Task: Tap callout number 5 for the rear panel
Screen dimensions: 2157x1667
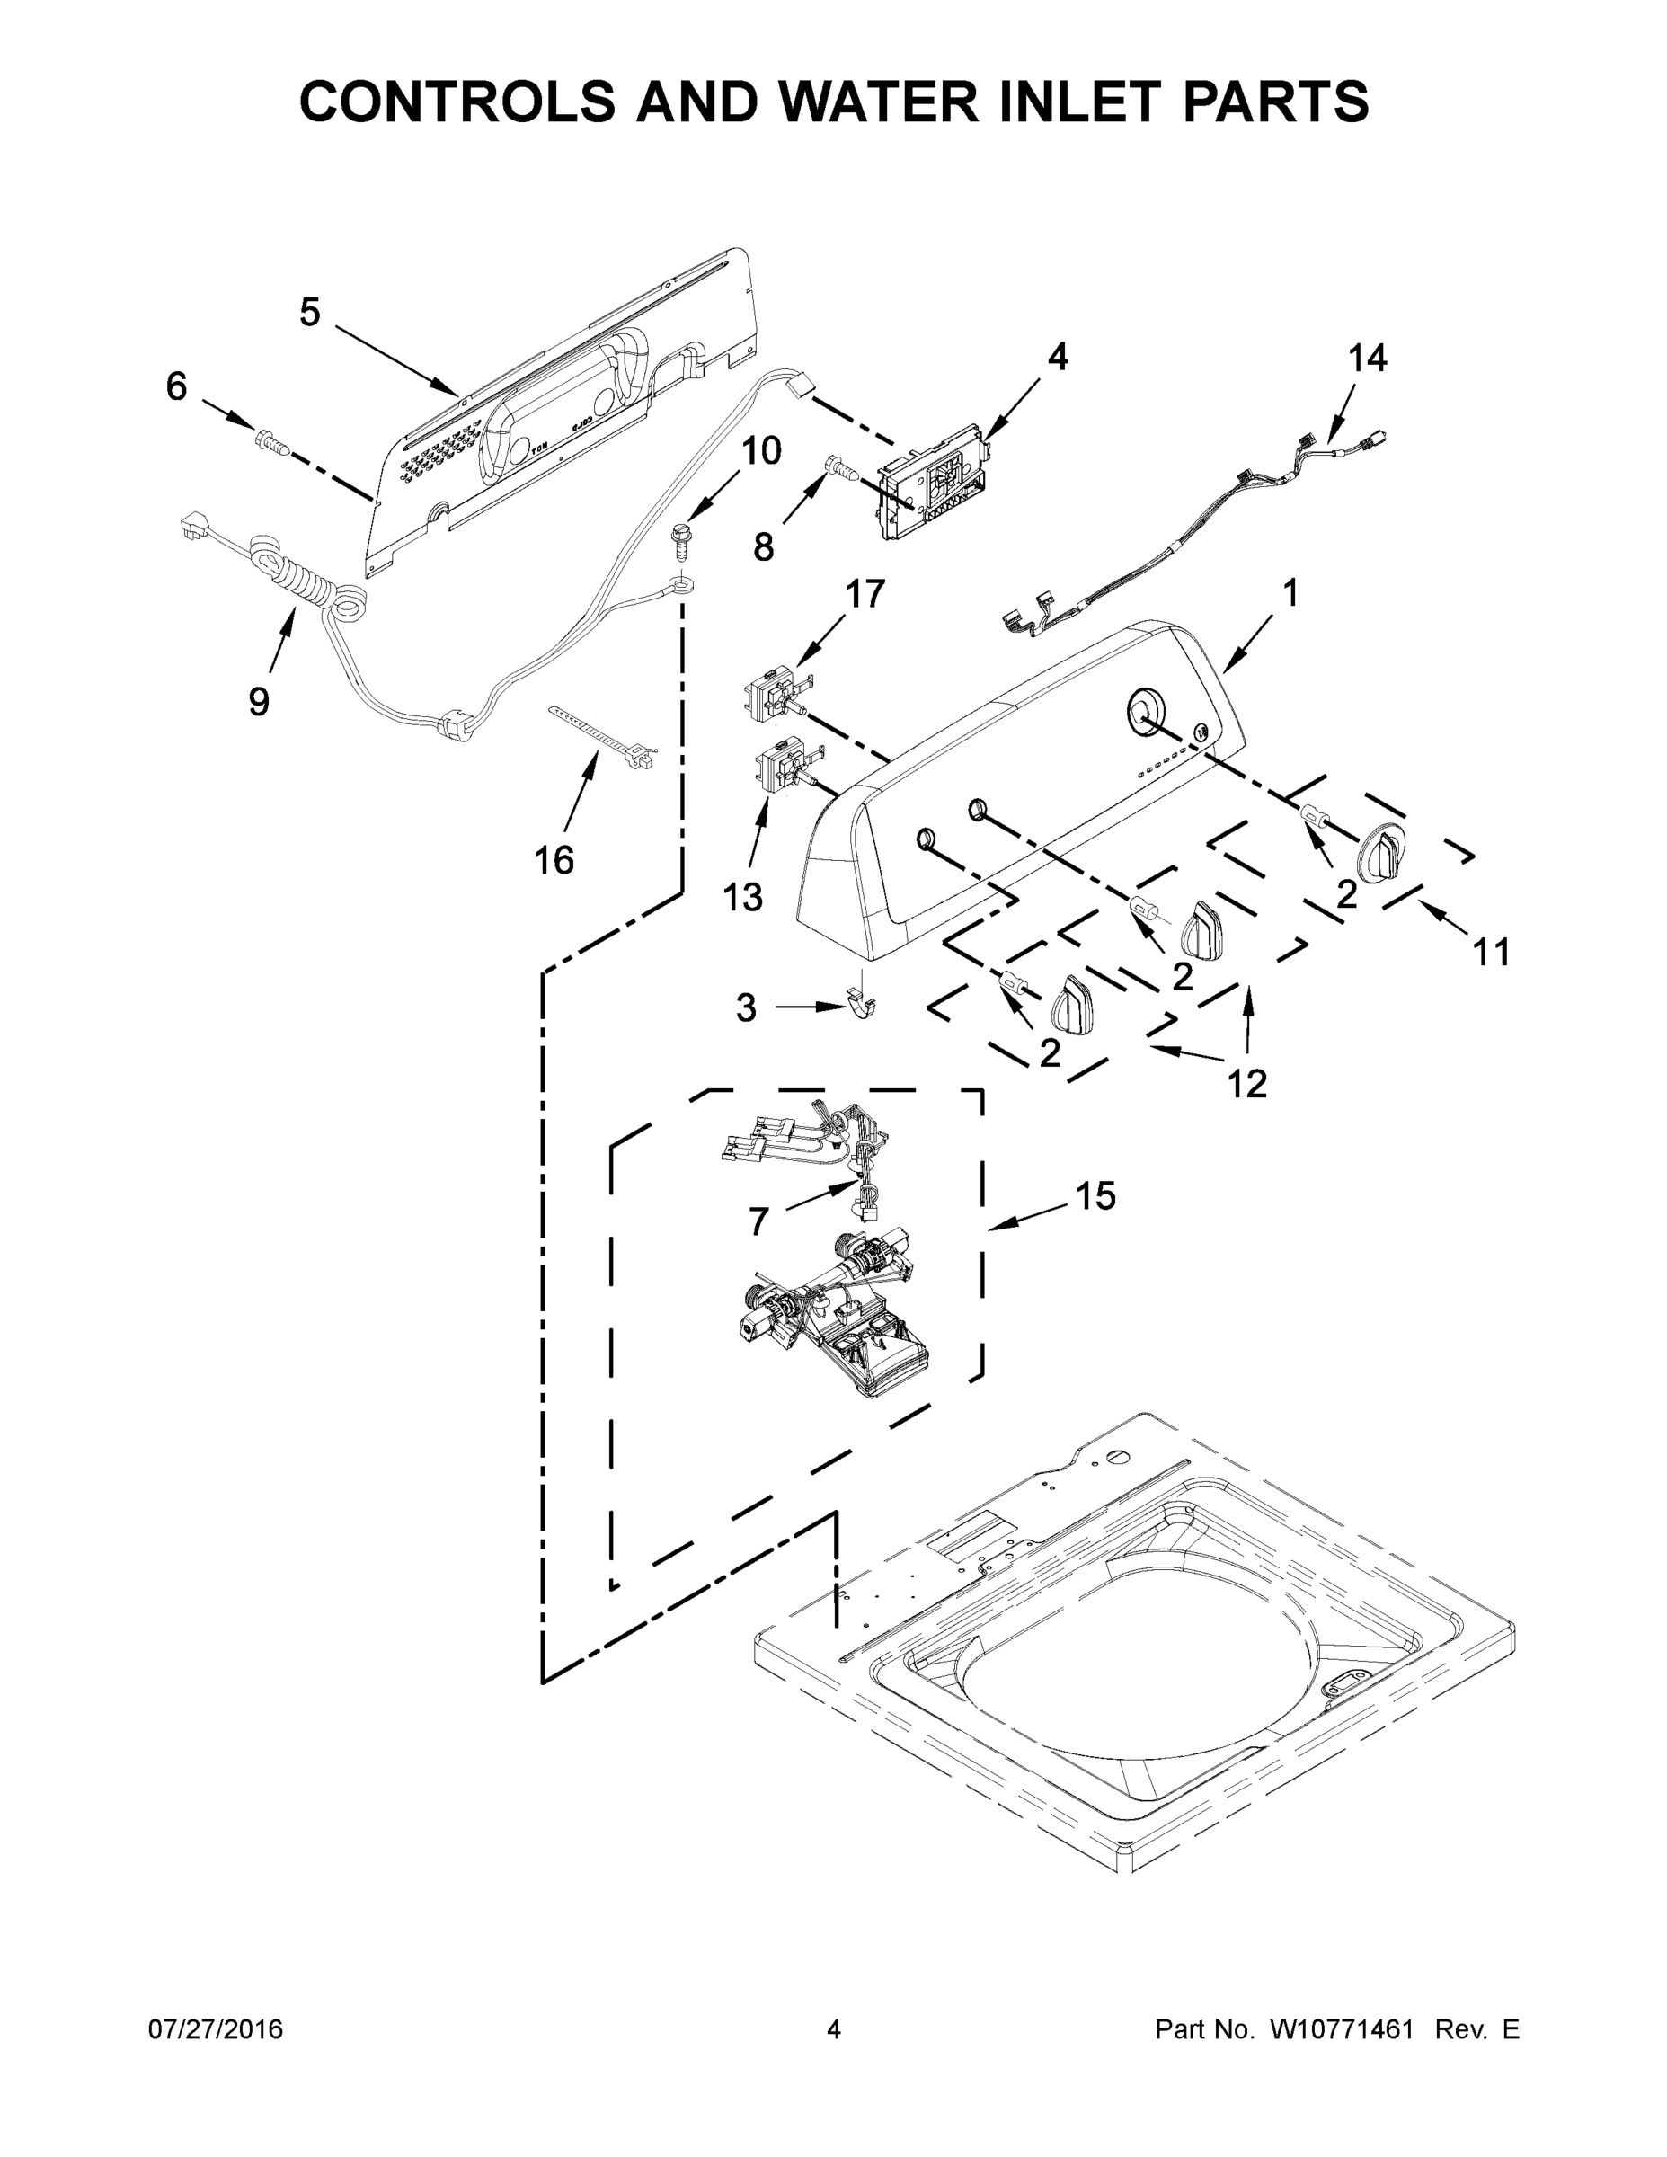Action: click(310, 313)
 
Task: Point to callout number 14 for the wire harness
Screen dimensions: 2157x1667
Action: click(1368, 358)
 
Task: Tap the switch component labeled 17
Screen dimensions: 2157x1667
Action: click(779, 691)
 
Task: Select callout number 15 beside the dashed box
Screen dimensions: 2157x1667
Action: click(1095, 1196)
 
